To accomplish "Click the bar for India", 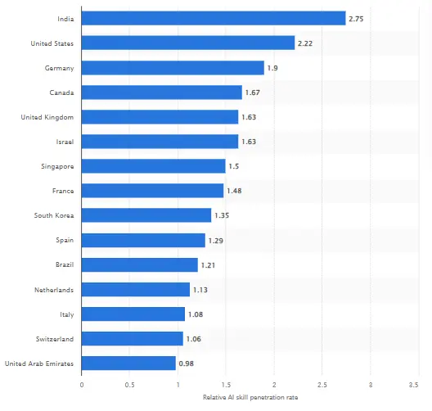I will [214, 18].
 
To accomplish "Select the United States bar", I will [188, 43].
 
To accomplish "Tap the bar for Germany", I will [173, 67].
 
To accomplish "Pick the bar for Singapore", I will [154, 166].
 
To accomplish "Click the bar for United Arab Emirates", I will [128, 363].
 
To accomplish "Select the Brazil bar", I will [140, 264].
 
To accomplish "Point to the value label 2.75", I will [357, 18].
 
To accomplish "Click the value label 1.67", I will [253, 93].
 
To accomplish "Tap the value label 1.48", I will [234, 191].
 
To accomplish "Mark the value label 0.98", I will [187, 363].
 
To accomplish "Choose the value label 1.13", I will [200, 289].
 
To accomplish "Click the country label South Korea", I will [55, 215].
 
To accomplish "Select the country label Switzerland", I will [56, 338].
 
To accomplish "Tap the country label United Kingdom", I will [47, 117].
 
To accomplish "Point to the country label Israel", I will [65, 142].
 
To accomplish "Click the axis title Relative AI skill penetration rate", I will [250, 397].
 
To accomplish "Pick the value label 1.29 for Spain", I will [216, 240].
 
